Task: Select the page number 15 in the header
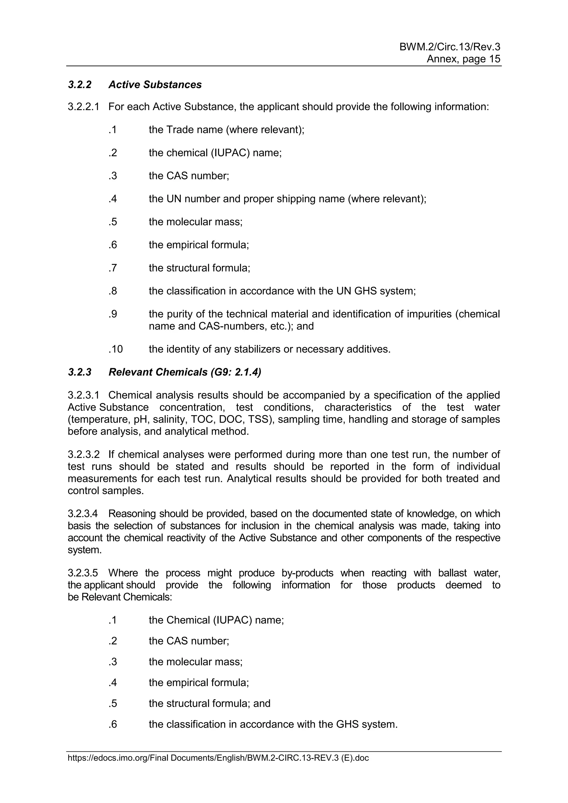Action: click(x=495, y=59)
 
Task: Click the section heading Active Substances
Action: click(x=155, y=85)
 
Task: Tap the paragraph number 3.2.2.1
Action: click(x=83, y=107)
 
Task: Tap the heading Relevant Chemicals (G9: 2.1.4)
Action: click(x=185, y=372)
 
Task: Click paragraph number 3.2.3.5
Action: click(x=83, y=573)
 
